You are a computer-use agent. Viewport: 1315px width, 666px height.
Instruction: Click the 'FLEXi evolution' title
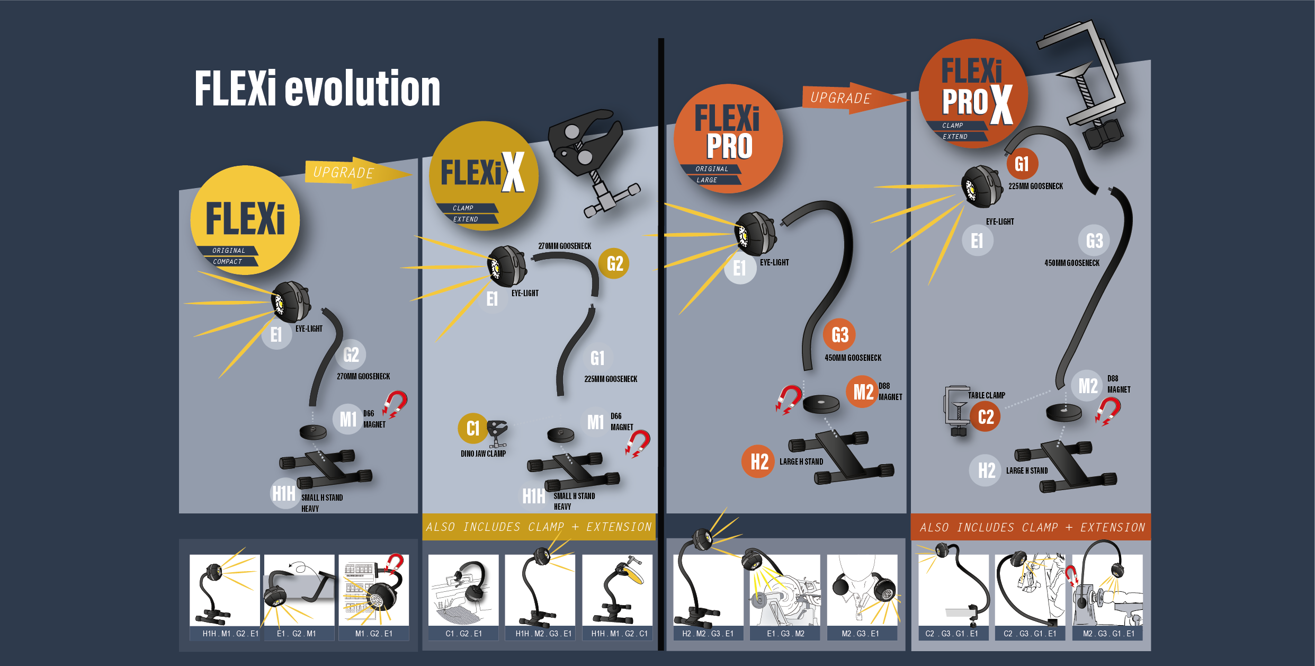(x=317, y=88)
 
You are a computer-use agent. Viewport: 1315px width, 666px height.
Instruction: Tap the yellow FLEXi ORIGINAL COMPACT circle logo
(x=245, y=220)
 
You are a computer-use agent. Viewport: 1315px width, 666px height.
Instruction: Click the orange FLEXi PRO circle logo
(x=728, y=139)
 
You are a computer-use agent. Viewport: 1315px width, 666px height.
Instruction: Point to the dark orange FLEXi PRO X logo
(x=973, y=94)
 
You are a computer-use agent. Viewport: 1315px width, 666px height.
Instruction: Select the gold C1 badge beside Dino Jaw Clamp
(x=472, y=428)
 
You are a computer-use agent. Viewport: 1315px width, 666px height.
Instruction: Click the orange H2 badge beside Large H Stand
(x=758, y=461)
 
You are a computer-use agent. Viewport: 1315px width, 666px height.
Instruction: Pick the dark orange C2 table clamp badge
(x=985, y=416)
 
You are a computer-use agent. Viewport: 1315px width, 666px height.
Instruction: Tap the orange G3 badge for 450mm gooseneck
(x=839, y=335)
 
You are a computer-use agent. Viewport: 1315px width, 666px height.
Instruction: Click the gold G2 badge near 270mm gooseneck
(x=614, y=263)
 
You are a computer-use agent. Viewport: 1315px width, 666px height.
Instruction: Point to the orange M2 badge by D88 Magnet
(x=862, y=392)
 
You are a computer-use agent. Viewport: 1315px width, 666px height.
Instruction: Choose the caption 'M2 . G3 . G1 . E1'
(x=1108, y=634)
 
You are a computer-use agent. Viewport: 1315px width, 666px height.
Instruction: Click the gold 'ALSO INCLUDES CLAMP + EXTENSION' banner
(x=539, y=527)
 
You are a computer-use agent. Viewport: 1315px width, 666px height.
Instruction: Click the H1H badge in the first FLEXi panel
(x=284, y=493)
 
